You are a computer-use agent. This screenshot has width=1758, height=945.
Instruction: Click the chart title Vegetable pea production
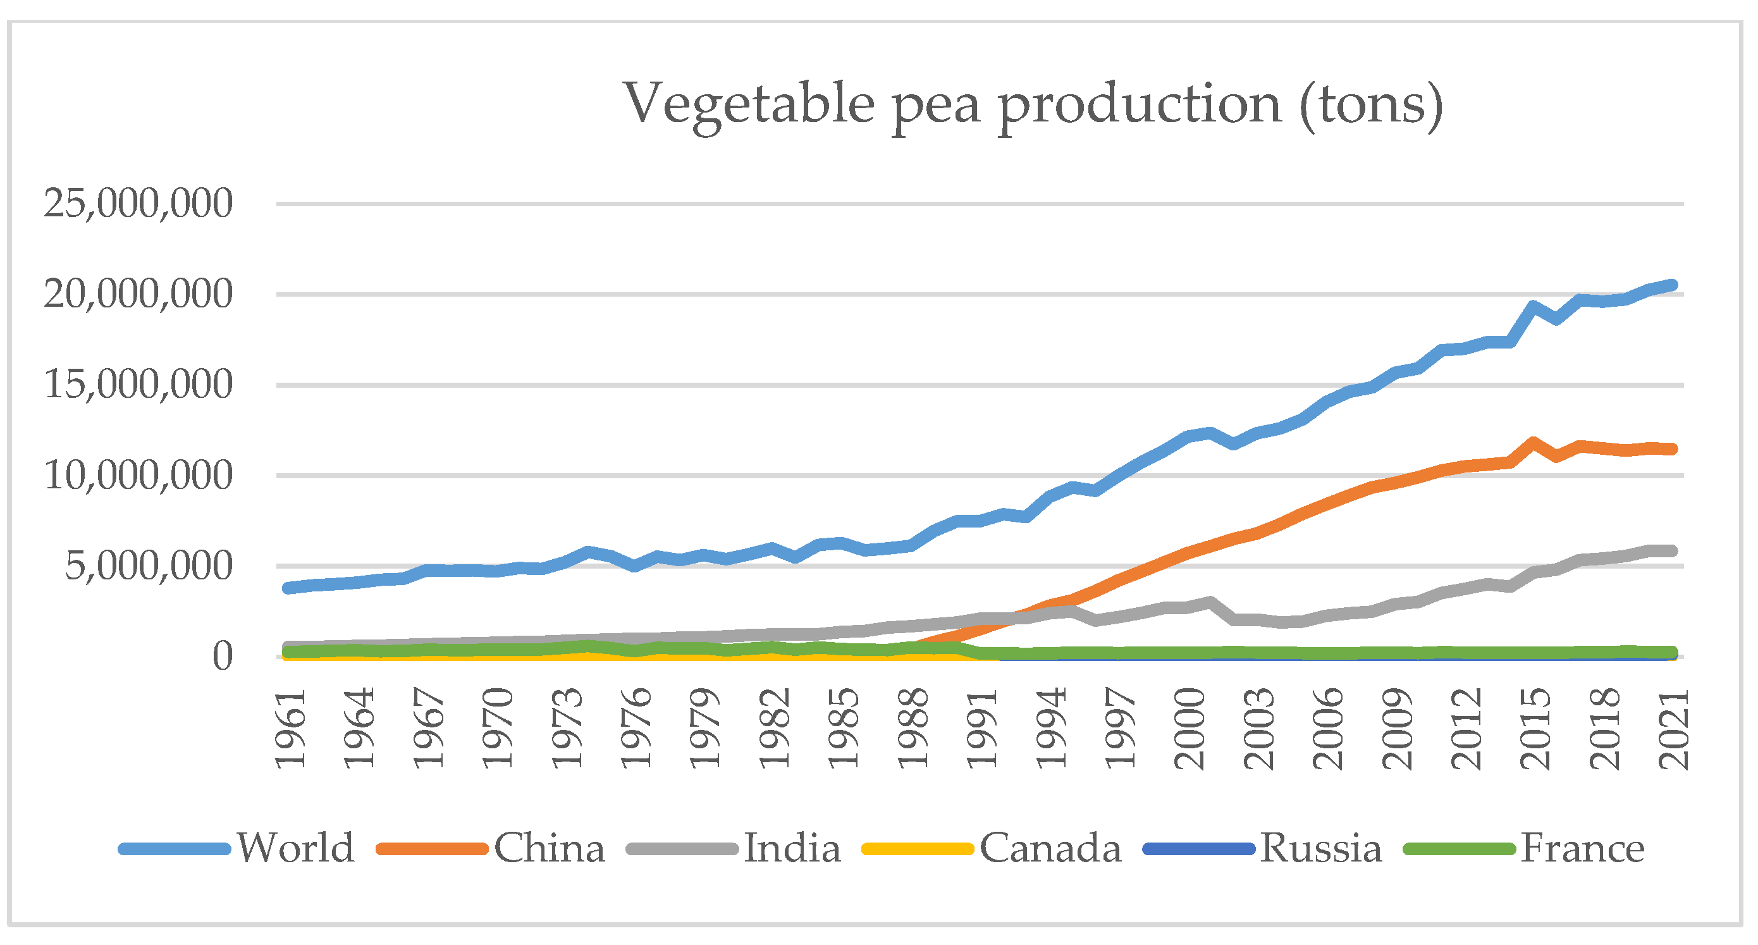tap(1033, 104)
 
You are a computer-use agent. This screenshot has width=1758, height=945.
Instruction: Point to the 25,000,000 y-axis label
tap(138, 204)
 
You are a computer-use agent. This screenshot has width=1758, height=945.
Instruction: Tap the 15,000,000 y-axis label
tap(138, 385)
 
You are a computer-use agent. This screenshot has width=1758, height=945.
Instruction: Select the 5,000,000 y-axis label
tap(149, 566)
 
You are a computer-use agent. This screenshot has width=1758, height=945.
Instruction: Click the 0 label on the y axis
tap(223, 657)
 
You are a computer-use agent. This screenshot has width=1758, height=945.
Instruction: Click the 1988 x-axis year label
tap(914, 729)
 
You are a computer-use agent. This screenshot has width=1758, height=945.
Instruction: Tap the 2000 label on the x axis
tap(1190, 729)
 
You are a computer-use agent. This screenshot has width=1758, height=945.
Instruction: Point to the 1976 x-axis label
tap(637, 729)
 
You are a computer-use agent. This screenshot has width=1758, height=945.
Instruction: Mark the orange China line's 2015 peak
tap(1534, 443)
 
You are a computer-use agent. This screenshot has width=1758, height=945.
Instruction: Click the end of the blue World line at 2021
tap(1671, 285)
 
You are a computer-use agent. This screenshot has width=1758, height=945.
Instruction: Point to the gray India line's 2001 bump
tap(1210, 603)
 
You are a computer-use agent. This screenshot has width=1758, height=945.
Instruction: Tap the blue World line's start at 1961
tap(288, 588)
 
